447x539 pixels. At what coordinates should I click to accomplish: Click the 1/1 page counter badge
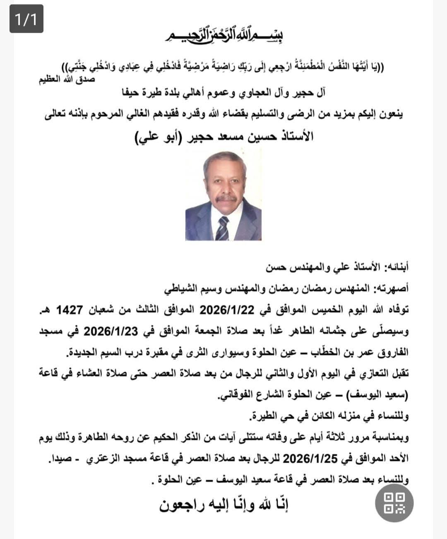26,19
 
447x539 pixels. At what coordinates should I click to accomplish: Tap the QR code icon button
394,503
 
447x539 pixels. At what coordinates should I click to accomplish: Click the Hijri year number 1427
69,310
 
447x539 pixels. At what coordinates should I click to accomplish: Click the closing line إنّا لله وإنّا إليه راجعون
223,505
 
